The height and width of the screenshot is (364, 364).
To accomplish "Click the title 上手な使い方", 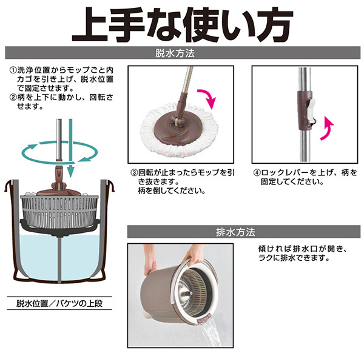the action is coord(183,25).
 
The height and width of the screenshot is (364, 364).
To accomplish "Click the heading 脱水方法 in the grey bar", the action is coord(175,53).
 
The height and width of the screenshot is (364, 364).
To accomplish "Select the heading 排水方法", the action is coord(235,232).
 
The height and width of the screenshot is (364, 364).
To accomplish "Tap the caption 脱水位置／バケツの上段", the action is coord(59,303).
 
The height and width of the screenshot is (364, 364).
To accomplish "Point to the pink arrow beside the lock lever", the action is coord(327,129).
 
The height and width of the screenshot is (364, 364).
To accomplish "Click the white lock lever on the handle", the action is coord(311,111).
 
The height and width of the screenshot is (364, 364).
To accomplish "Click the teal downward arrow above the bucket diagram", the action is coord(71,149).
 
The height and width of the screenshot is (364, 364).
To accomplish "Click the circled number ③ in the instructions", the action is coord(134,173).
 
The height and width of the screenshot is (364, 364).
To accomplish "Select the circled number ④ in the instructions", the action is coord(257,173).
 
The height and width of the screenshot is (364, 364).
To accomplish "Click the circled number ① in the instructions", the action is coord(13,70).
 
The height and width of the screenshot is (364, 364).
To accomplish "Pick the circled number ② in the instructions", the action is coord(13,97).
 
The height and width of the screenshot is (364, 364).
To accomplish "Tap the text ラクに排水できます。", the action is coord(294,258).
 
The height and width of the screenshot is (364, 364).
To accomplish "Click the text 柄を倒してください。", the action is coord(172,191).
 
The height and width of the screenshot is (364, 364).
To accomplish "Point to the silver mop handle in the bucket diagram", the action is coord(59,140).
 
